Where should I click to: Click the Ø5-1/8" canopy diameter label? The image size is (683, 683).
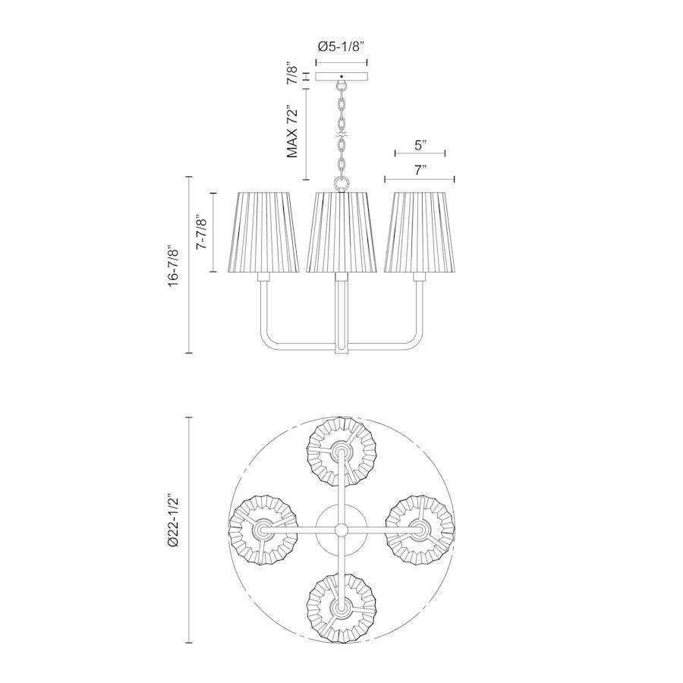pyautogui.click(x=341, y=46)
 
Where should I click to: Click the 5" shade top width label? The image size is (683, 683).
pyautogui.click(x=420, y=143)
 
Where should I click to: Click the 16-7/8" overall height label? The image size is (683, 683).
pyautogui.click(x=175, y=266)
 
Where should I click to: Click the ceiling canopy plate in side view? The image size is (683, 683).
pyautogui.click(x=341, y=77)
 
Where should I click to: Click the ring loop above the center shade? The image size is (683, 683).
pyautogui.click(x=341, y=184)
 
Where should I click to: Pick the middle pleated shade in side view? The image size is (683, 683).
pyautogui.click(x=341, y=232)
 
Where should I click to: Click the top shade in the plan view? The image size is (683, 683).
pyautogui.click(x=341, y=452)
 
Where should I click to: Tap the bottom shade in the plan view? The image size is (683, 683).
pyautogui.click(x=341, y=607)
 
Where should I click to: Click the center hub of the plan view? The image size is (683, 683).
pyautogui.click(x=341, y=529)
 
